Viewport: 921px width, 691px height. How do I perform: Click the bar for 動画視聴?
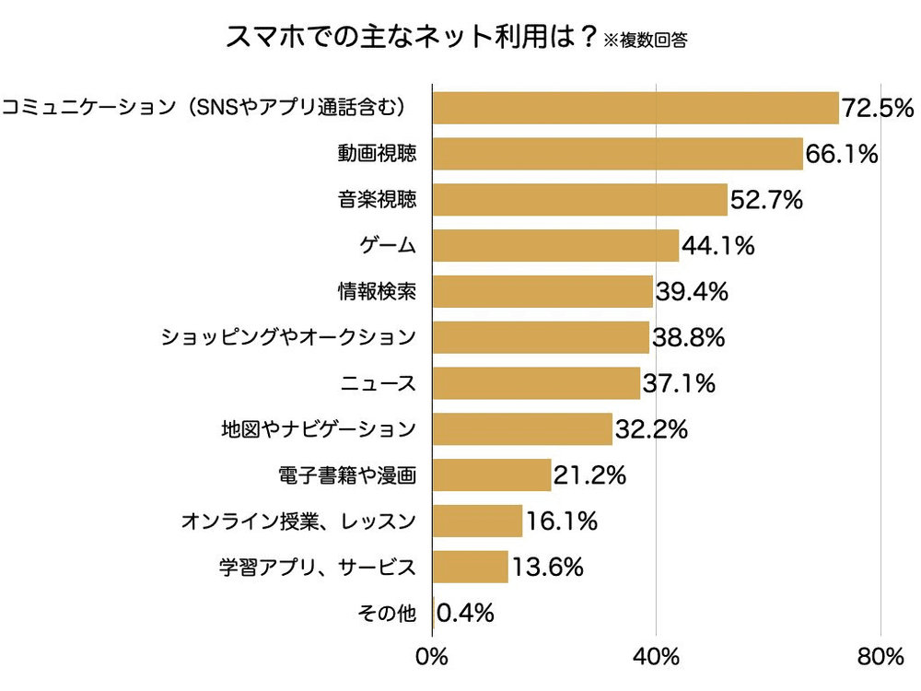(617, 154)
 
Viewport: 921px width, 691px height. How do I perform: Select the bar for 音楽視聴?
(579, 200)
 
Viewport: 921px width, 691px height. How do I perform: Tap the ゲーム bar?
(555, 246)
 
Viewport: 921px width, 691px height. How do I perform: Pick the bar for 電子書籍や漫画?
(492, 475)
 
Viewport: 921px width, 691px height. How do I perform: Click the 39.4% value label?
(692, 292)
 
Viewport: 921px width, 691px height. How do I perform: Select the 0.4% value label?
(465, 613)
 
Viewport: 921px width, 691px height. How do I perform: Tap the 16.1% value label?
(561, 521)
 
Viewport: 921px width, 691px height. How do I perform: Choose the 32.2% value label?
(651, 429)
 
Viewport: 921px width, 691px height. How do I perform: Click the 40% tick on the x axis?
(656, 657)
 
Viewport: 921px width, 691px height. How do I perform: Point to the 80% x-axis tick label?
(880, 657)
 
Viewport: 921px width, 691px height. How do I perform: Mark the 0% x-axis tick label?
(432, 657)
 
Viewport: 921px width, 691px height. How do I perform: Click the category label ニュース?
(379, 383)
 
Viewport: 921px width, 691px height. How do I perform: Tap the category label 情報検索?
(378, 292)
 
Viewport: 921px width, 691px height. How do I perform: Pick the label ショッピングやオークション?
(289, 338)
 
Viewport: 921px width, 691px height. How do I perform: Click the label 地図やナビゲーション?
(319, 429)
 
